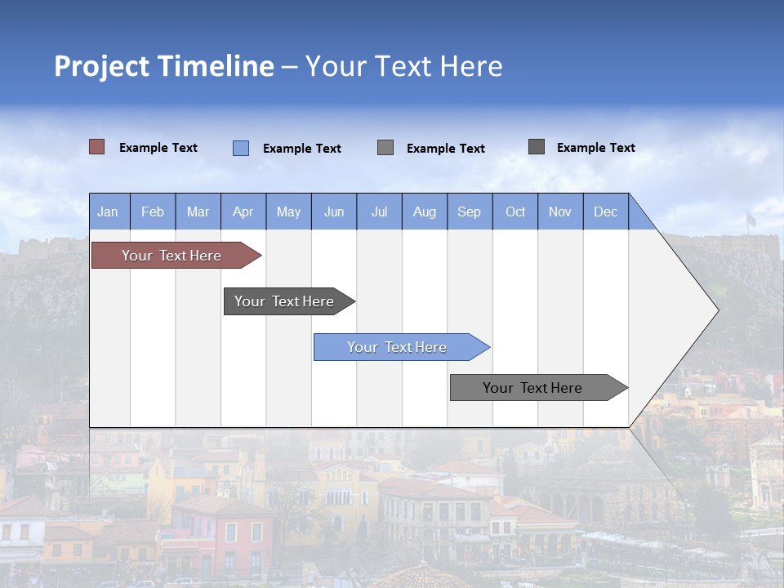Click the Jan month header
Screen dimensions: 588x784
click(x=108, y=212)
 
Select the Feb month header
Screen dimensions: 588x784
click(x=153, y=212)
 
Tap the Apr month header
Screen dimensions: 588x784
click(x=243, y=212)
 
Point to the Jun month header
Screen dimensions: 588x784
click(x=334, y=212)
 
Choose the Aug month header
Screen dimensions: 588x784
click(x=425, y=212)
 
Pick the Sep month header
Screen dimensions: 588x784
click(x=470, y=212)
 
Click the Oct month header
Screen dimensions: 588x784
click(x=515, y=212)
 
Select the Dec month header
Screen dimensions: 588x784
click(x=606, y=212)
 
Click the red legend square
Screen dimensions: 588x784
click(x=97, y=147)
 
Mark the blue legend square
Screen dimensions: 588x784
click(x=241, y=148)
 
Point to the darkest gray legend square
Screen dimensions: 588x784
click(x=537, y=147)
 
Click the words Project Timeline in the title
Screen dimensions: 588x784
click(x=163, y=66)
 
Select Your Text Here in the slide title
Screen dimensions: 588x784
click(x=403, y=66)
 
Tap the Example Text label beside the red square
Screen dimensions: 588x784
click(x=158, y=148)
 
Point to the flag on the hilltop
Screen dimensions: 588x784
click(x=751, y=219)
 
